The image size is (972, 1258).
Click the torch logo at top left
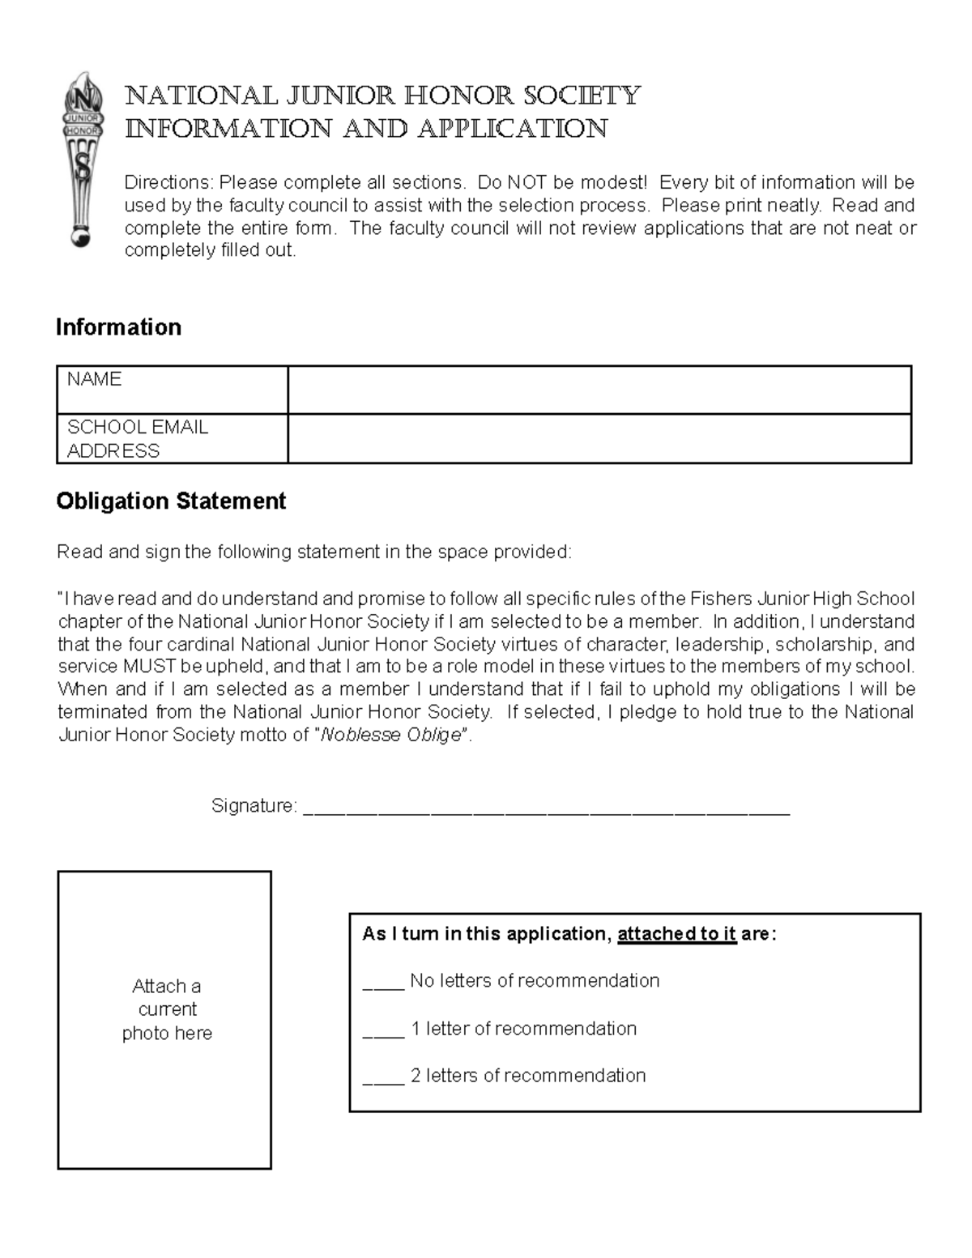(x=83, y=158)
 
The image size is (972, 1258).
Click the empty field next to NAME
(x=599, y=390)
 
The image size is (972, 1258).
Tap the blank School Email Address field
(x=599, y=438)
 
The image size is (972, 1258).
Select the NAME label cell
(x=172, y=390)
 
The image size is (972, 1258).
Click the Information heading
(x=118, y=327)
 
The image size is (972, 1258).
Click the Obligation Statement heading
(x=171, y=501)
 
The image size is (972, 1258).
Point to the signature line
(x=546, y=809)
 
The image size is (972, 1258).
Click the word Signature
(x=252, y=806)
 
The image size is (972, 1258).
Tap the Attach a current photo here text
(x=167, y=1009)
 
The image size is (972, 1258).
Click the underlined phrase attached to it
(x=676, y=934)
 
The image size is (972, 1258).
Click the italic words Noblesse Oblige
(x=391, y=736)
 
